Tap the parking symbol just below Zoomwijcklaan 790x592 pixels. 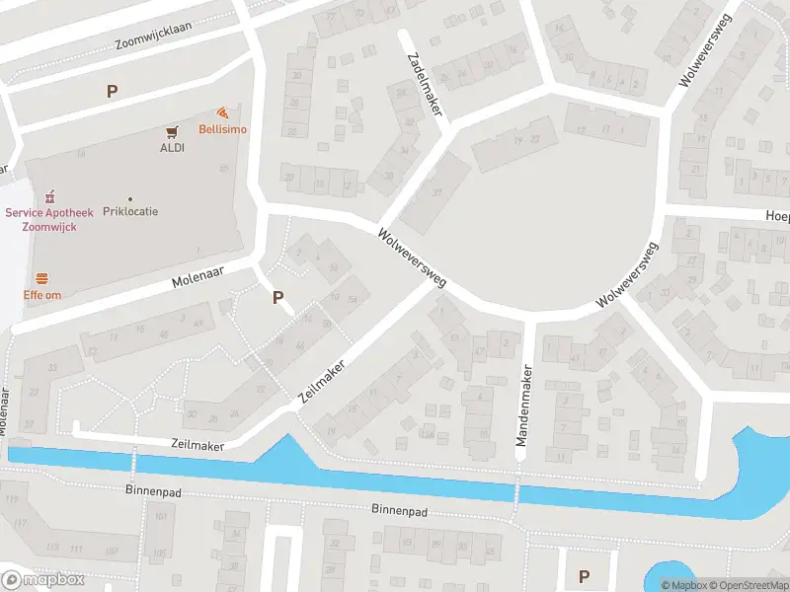(112, 91)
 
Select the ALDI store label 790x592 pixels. (173, 148)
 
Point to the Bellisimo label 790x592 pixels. (223, 129)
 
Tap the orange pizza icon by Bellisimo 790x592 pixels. (223, 113)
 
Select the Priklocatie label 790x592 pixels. (130, 211)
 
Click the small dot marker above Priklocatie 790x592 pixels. (130, 198)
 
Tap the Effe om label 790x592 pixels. (42, 294)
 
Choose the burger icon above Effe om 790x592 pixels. (42, 278)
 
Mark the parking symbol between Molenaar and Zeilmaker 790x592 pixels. (277, 296)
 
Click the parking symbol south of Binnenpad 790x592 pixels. (584, 576)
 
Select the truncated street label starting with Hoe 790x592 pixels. (777, 214)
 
